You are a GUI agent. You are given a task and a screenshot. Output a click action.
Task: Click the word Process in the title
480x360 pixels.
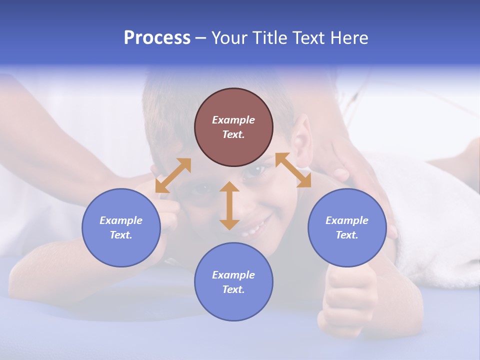pyautogui.click(x=157, y=38)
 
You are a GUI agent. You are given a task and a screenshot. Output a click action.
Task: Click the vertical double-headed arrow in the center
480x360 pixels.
pyautogui.click(x=229, y=205)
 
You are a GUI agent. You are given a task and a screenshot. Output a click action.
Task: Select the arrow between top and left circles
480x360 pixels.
pyautogui.click(x=173, y=175)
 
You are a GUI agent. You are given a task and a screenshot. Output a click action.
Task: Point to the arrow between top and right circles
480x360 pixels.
pyautogui.click(x=293, y=170)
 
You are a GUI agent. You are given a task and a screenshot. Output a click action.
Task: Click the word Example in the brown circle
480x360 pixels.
pyautogui.click(x=233, y=120)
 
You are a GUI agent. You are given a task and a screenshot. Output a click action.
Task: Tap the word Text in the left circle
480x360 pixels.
pyautogui.click(x=120, y=235)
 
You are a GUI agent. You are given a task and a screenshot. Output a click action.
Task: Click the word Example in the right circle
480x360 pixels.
pyautogui.click(x=347, y=220)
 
